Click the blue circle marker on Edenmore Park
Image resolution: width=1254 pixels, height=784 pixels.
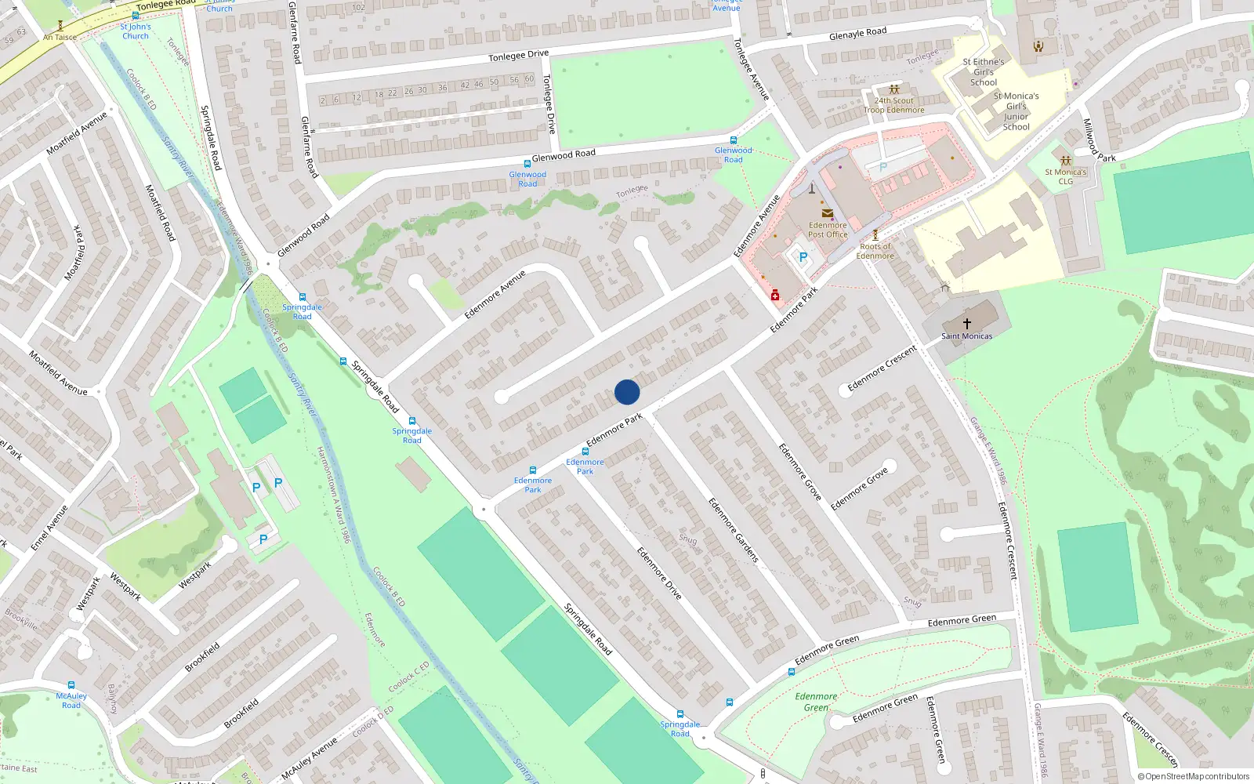click(627, 392)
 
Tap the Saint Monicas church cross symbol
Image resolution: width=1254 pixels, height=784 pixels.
click(967, 323)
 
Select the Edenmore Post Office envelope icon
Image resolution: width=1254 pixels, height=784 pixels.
click(828, 213)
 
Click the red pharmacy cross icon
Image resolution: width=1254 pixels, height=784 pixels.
click(775, 295)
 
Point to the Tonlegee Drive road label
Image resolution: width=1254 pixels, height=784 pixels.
click(517, 56)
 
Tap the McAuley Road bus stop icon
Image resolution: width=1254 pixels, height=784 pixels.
click(71, 685)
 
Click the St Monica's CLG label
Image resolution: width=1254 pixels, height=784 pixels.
click(1065, 176)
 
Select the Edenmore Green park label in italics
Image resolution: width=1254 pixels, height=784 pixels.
click(816, 702)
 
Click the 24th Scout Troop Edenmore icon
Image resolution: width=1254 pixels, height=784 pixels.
click(894, 89)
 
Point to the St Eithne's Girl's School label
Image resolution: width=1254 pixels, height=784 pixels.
click(984, 72)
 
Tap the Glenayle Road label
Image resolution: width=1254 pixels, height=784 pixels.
click(857, 34)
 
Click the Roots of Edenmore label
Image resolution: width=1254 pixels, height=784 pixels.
click(875, 251)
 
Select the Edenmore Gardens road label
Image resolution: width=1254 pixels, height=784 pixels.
click(734, 530)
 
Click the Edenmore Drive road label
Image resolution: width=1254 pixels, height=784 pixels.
click(659, 573)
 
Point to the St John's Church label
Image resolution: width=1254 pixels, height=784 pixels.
click(136, 31)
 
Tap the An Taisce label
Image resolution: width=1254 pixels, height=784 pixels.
click(60, 37)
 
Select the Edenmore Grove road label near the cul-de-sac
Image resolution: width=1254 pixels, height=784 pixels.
click(860, 488)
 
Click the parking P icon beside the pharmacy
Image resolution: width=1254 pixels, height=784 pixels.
click(803, 256)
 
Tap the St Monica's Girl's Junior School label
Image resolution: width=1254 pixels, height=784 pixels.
click(1016, 111)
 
